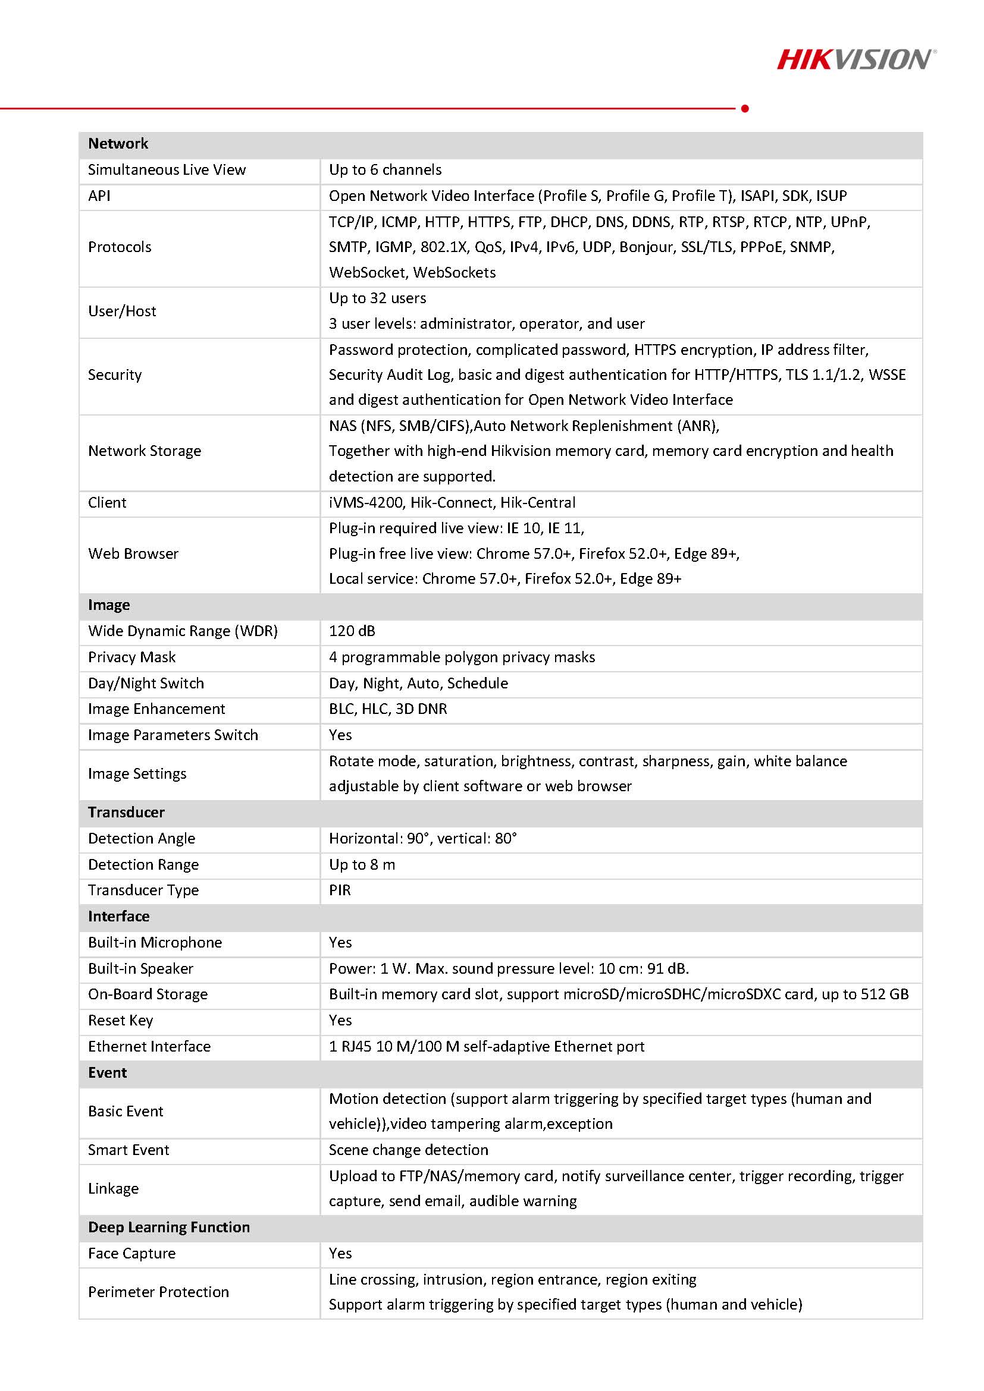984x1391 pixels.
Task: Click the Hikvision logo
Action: [855, 59]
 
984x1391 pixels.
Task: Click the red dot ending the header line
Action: [744, 108]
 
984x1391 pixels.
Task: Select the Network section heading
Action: [118, 144]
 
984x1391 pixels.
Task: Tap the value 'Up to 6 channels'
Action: [385, 169]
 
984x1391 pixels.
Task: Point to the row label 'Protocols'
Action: [120, 247]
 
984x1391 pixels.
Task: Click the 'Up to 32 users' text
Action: [377, 298]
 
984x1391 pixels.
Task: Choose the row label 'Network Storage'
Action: [145, 451]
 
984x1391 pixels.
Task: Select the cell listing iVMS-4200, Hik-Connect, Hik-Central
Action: [452, 502]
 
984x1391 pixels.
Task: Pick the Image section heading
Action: [108, 605]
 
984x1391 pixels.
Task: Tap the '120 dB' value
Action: [352, 631]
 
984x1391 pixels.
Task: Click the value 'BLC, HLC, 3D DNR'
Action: [387, 709]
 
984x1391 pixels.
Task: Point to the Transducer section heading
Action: [126, 813]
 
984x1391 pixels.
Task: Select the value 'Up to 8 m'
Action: [361, 864]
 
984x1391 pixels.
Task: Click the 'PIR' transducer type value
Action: [340, 890]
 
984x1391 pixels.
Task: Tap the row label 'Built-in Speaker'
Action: [140, 968]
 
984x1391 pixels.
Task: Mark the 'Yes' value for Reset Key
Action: [340, 1020]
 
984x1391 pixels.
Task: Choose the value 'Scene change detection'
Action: [408, 1150]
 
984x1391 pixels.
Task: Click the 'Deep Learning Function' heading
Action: [168, 1228]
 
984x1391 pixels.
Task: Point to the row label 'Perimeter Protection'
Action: [158, 1292]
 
